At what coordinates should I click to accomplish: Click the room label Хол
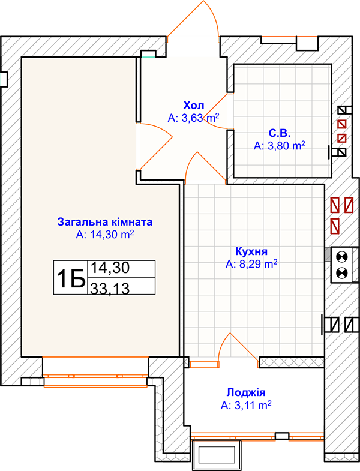tap(194, 106)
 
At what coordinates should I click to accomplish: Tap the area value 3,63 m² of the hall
tap(193, 118)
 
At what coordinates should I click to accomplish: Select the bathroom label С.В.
tap(280, 133)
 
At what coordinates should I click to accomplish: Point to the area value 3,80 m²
tap(280, 146)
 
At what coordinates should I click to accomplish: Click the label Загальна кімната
tap(105, 221)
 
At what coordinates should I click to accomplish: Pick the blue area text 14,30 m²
tap(105, 235)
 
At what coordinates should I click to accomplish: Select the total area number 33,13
tap(110, 289)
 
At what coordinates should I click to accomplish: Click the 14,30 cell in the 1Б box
tap(110, 268)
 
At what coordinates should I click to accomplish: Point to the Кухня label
tap(251, 251)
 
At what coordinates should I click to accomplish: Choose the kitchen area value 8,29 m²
tap(251, 264)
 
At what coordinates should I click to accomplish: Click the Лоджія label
tap(246, 392)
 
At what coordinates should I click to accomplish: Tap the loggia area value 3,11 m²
tap(246, 405)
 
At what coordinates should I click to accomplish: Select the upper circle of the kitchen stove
tap(341, 257)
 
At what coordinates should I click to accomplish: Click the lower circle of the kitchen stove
tap(341, 273)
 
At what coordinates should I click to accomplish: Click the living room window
tap(95, 380)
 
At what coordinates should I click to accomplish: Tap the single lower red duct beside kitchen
tap(335, 226)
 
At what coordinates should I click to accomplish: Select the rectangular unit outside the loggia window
tap(217, 455)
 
